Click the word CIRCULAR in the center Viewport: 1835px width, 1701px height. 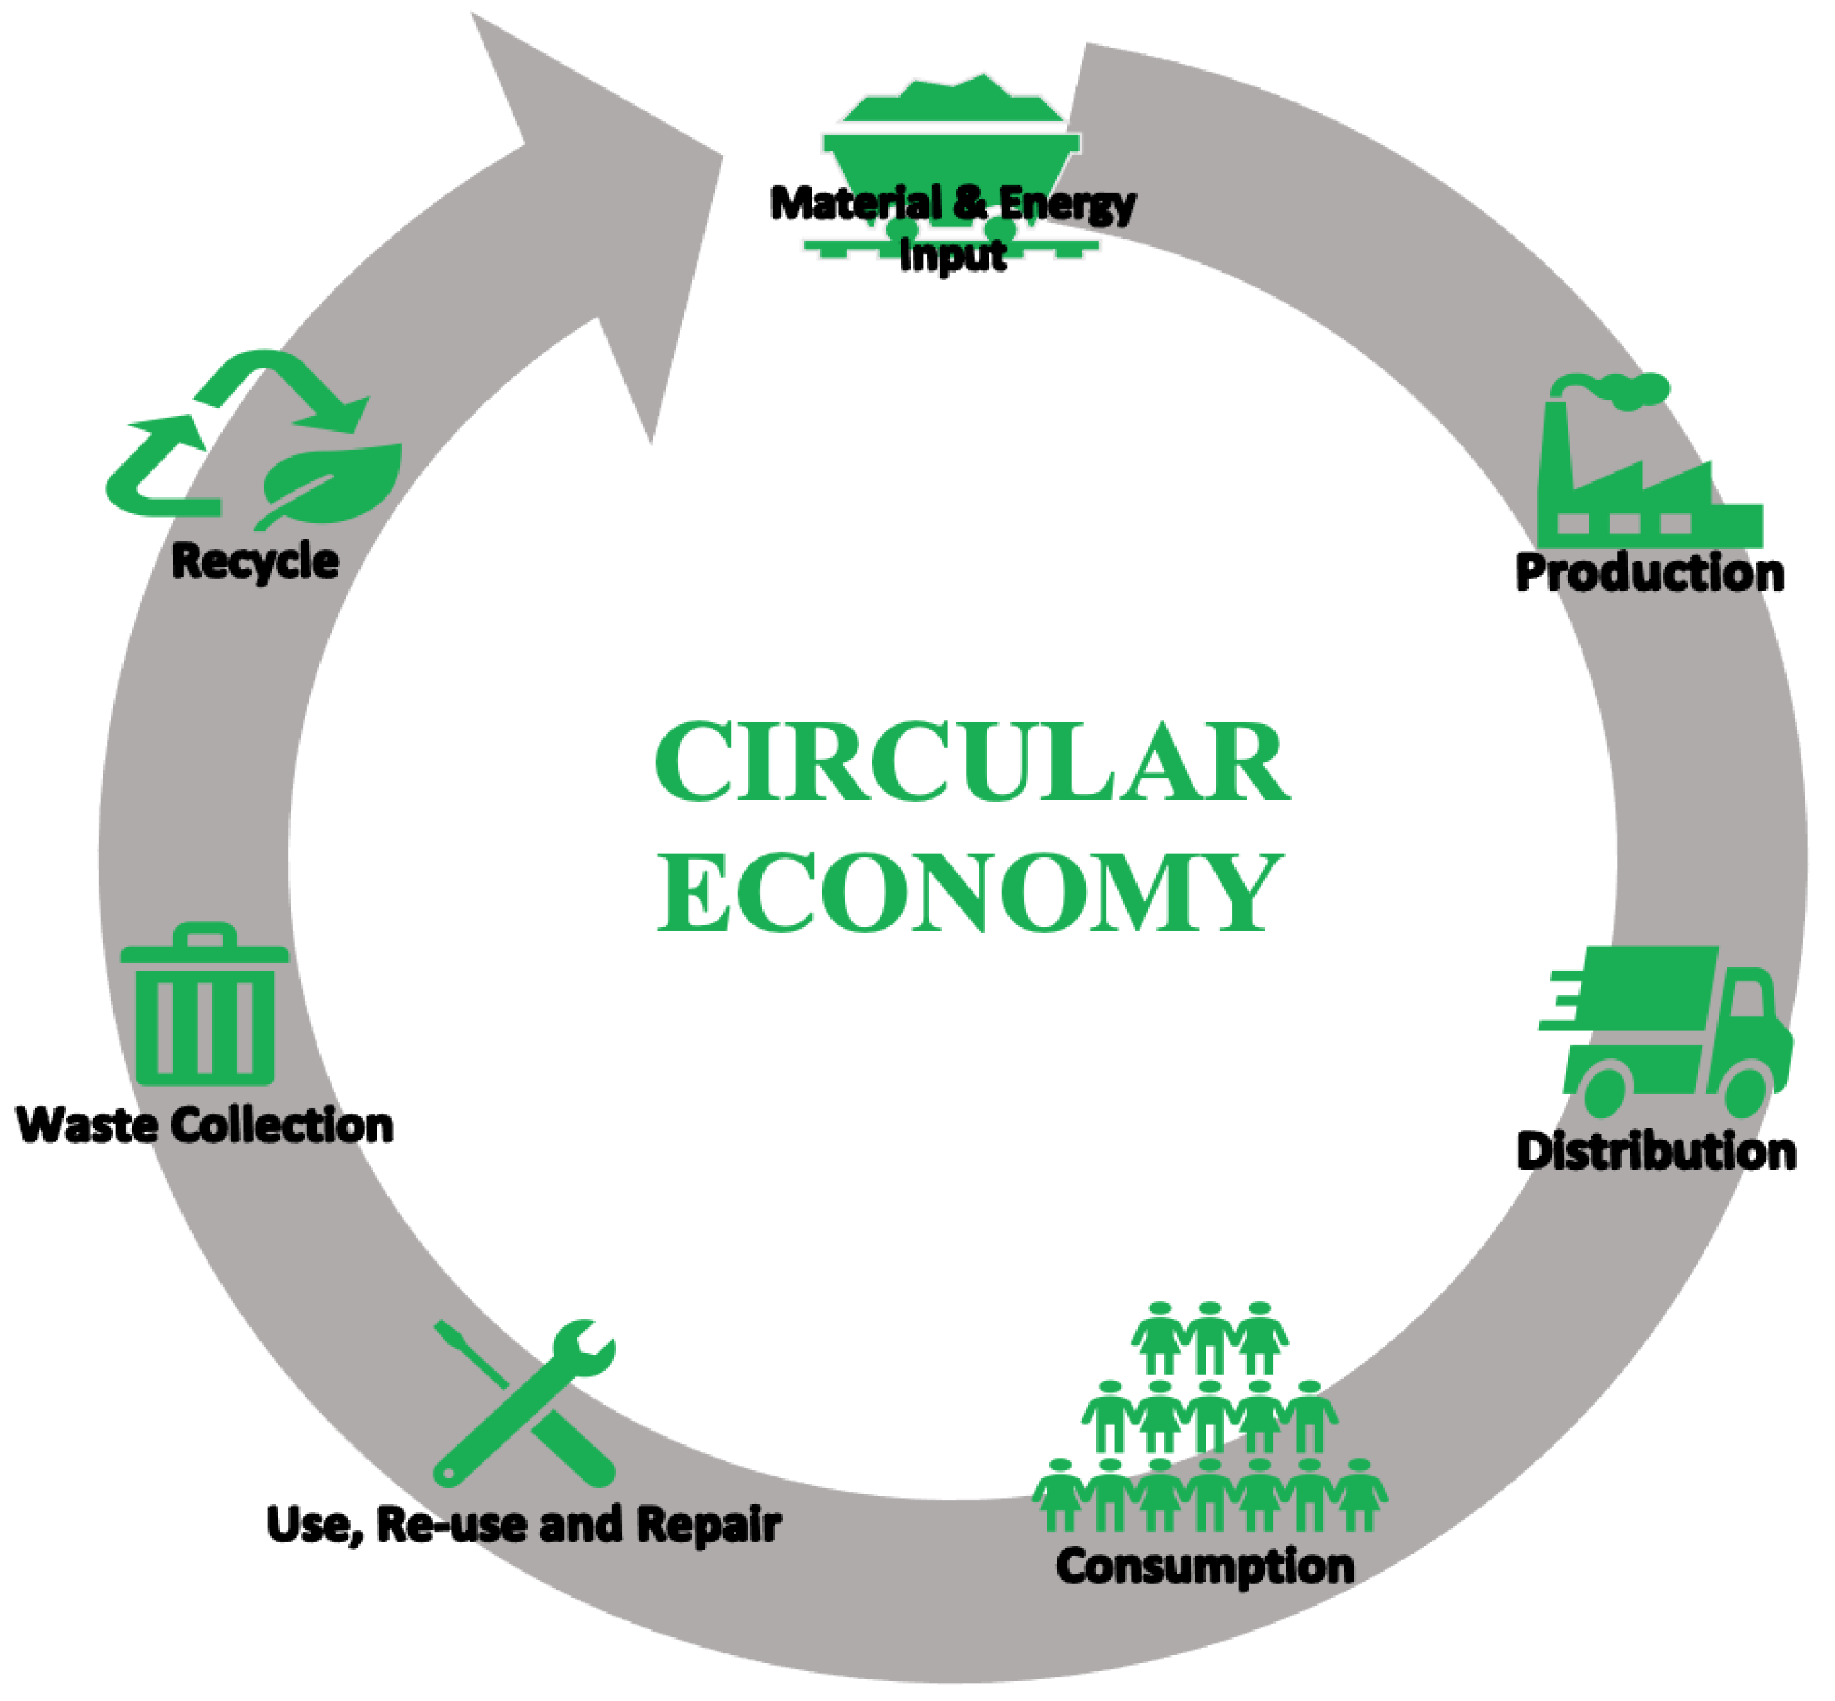pos(972,761)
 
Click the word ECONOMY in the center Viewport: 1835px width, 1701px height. pos(970,893)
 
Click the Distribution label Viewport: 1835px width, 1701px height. pos(1656,1152)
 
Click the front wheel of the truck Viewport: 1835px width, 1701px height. pos(1745,1091)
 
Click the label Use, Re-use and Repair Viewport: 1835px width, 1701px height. pos(524,1525)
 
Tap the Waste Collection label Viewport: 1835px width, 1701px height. pos(205,1126)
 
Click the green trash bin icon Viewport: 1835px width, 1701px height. pos(205,1004)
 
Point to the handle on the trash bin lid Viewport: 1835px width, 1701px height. pos(205,934)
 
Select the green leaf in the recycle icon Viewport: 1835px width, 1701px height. pos(330,485)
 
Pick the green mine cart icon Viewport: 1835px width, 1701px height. pos(952,166)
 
